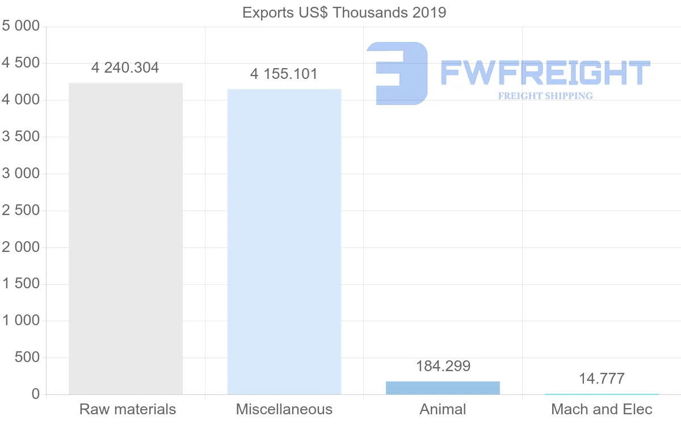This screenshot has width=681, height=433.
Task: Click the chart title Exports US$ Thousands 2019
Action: (x=344, y=12)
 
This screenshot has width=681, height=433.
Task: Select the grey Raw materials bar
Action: (x=125, y=238)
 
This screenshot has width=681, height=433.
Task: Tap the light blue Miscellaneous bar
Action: (x=284, y=241)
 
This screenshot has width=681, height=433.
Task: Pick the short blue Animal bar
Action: (x=443, y=388)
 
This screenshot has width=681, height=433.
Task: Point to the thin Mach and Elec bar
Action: (x=602, y=394)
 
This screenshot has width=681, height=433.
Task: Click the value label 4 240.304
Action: (x=125, y=68)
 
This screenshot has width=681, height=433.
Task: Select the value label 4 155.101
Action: (x=284, y=74)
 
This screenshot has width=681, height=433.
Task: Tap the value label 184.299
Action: (x=443, y=366)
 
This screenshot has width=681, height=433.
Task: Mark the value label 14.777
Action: (x=602, y=379)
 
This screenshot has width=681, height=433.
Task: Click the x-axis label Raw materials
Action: (x=128, y=409)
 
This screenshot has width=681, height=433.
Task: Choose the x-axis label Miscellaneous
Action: (x=284, y=409)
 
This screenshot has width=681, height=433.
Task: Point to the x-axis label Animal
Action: (x=443, y=409)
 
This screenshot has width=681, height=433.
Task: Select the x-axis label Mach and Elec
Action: (x=602, y=409)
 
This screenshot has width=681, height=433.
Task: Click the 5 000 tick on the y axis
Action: (x=21, y=26)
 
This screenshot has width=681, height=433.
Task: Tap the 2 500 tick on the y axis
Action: (x=21, y=211)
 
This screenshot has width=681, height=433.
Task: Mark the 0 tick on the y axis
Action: (x=35, y=394)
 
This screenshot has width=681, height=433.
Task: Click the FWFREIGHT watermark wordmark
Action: (x=545, y=73)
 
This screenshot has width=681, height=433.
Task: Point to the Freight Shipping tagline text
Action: (x=545, y=96)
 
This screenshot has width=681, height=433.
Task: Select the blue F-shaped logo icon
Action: (x=397, y=73)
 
